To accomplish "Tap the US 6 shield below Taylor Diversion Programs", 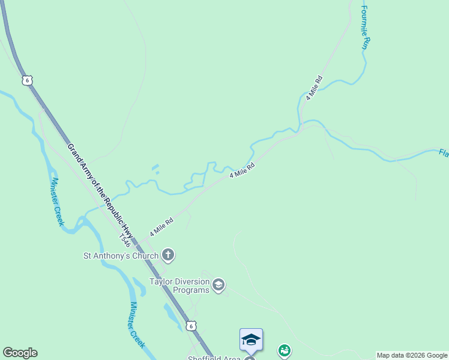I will click(190, 325).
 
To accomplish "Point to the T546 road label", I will click(124, 239).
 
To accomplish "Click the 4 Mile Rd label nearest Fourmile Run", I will click(314, 88).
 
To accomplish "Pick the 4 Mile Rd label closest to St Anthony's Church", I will click(161, 227).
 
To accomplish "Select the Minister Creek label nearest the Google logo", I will click(137, 324).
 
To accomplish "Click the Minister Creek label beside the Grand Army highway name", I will click(58, 201).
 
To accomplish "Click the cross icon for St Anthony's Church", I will click(168, 256).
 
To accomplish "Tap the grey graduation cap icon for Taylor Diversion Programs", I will click(218, 285).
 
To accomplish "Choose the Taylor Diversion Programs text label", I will click(179, 286).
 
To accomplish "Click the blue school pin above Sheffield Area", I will click(251, 340).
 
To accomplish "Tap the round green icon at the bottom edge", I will click(285, 350).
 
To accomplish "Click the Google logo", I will click(20, 353).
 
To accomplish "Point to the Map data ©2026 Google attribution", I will click(412, 355).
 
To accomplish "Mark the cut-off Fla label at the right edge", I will click(444, 154).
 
